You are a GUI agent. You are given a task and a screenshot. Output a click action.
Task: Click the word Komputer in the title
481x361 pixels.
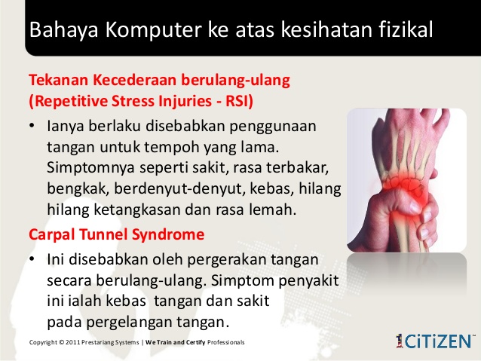[153, 29]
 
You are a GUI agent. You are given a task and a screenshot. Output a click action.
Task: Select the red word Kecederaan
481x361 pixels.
[135, 80]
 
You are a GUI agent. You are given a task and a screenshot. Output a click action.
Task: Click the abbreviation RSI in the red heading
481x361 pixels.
[237, 101]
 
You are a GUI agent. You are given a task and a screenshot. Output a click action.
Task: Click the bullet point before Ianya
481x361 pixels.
[32, 126]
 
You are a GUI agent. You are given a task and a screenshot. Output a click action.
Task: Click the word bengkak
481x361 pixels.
[78, 189]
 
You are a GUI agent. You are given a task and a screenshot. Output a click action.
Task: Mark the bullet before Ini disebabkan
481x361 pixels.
[32, 259]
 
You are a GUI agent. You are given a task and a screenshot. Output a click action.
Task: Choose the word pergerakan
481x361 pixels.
[227, 260]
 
